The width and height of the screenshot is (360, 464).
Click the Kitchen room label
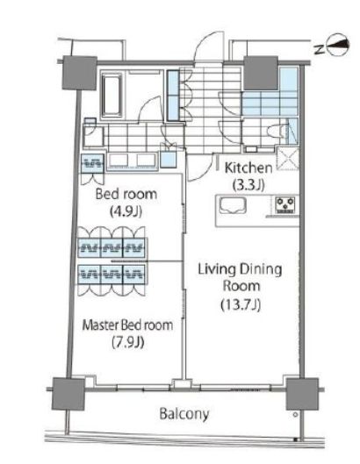tap(248, 168)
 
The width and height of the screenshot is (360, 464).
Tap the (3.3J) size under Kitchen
tap(248, 185)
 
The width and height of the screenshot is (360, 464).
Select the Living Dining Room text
tap(240, 277)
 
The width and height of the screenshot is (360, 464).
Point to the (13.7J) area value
tap(241, 304)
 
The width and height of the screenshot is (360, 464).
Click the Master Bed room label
tap(127, 325)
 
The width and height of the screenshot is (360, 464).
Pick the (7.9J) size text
tap(128, 342)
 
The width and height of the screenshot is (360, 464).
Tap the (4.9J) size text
tap(126, 211)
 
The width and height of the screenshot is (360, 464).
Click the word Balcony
tap(184, 413)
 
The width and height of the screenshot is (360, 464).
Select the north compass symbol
tap(337, 46)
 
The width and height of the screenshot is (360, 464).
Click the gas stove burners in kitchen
tap(285, 204)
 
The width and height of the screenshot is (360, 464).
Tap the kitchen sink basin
tap(233, 205)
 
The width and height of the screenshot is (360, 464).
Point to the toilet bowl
tap(277, 131)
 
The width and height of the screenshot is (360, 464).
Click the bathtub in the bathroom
tap(112, 94)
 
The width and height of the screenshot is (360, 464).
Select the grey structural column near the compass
tap(261, 73)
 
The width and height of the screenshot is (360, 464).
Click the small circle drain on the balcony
tap(295, 415)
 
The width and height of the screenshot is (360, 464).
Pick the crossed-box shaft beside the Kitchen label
tap(288, 159)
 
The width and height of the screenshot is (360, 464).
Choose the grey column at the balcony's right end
tap(302, 394)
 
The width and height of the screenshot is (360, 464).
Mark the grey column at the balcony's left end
tap(68, 394)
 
